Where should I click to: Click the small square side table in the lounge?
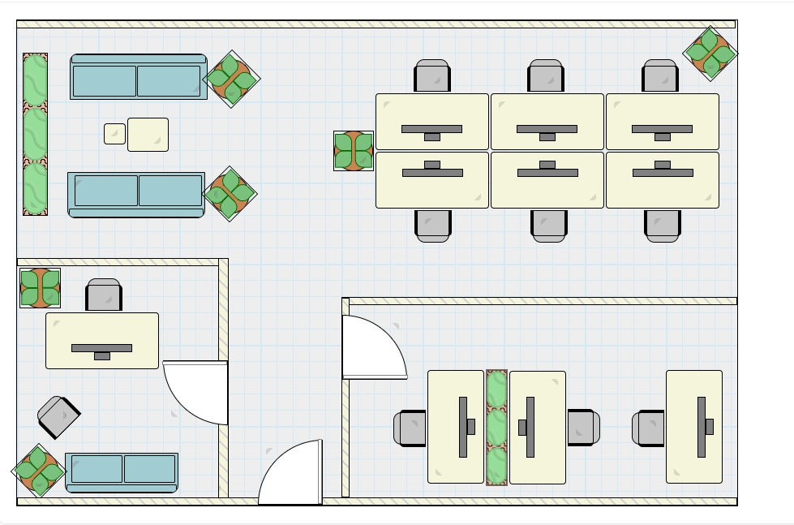(x=114, y=133)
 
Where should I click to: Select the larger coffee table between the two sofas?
(x=148, y=134)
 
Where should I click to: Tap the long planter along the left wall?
(x=35, y=134)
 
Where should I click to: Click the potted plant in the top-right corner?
(x=710, y=54)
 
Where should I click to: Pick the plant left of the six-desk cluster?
(x=354, y=151)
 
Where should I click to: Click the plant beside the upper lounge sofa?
(x=231, y=79)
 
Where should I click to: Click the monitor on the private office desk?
(x=101, y=349)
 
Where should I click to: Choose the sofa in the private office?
(x=122, y=472)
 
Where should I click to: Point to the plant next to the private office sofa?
(x=38, y=470)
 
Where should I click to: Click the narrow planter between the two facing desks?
(x=496, y=427)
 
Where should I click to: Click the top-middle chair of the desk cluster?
(x=546, y=76)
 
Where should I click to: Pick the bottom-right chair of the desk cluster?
(x=663, y=225)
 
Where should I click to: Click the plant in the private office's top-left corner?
(x=40, y=288)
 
